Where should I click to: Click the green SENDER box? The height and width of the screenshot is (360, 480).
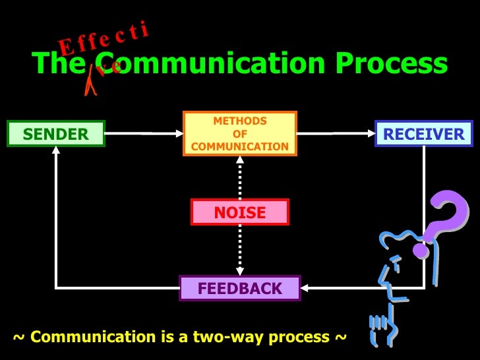point(55,134)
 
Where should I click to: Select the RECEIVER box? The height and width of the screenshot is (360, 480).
point(423,134)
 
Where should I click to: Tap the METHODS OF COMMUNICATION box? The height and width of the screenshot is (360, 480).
point(240,133)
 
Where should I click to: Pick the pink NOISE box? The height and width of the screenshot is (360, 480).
point(239,212)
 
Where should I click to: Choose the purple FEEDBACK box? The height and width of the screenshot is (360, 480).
point(240,288)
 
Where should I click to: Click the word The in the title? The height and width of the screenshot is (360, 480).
point(56,64)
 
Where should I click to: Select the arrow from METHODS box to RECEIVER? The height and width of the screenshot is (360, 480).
point(336,133)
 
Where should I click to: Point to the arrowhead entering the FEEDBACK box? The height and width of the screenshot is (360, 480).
point(307,288)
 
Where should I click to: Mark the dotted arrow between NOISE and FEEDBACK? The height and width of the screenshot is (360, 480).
point(239,251)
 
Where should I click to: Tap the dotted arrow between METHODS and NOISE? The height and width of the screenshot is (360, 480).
point(239,177)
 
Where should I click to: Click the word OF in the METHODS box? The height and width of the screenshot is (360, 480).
point(240,134)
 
